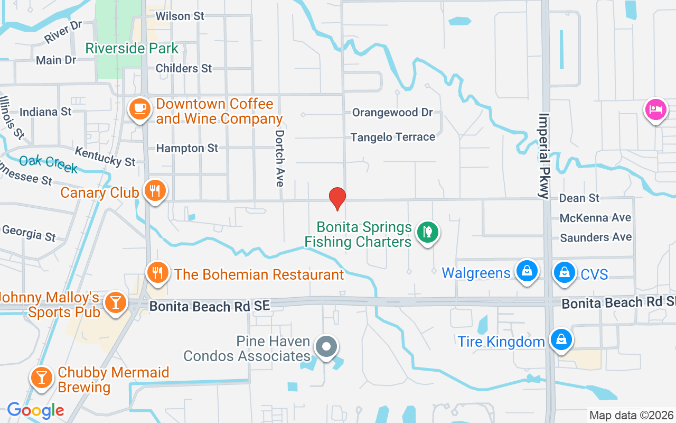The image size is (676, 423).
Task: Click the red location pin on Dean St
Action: click(337, 198)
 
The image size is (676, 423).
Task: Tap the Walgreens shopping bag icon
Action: click(527, 271)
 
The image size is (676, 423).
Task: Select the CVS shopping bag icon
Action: click(564, 272)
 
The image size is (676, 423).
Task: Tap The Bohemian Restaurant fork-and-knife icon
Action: click(157, 272)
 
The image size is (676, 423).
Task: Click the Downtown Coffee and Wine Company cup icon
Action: click(139, 109)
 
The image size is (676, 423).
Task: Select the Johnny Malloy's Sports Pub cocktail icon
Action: click(115, 302)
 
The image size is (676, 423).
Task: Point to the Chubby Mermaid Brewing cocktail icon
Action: click(41, 378)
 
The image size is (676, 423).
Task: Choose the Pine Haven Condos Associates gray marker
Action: click(326, 347)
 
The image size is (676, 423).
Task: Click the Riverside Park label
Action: click(132, 49)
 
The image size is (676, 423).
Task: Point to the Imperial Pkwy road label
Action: click(544, 155)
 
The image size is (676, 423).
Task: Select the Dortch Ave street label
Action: click(279, 158)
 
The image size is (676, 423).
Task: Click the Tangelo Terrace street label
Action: click(393, 137)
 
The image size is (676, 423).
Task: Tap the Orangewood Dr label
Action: click(392, 112)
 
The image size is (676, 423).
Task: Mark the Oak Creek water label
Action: click(48, 164)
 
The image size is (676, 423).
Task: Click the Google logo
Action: click(35, 410)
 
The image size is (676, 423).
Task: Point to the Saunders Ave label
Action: click(596, 237)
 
